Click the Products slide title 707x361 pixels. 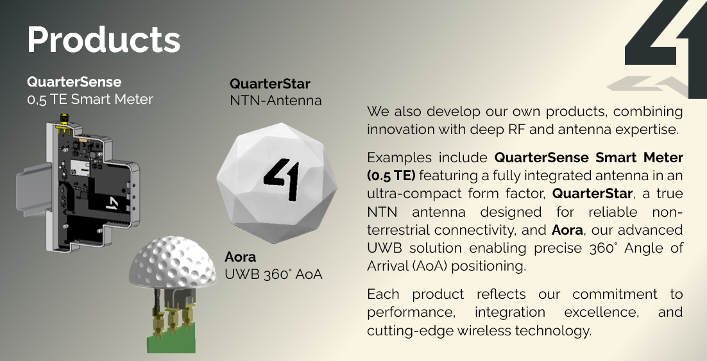click(x=104, y=40)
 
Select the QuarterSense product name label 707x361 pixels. click(x=74, y=82)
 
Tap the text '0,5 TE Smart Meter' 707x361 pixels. click(x=90, y=99)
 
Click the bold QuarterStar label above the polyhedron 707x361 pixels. click(x=270, y=84)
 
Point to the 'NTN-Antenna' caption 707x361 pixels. click(x=276, y=101)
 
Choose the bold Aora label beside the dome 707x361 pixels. click(x=241, y=257)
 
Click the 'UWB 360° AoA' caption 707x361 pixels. click(x=273, y=274)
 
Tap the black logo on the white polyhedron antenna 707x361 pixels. click(x=282, y=178)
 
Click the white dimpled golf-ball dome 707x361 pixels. click(x=173, y=262)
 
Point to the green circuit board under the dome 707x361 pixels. click(x=172, y=337)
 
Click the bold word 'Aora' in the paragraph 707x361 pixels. click(x=567, y=230)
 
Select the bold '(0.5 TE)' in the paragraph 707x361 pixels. click(x=391, y=175)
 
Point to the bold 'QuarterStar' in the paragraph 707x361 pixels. click(x=592, y=194)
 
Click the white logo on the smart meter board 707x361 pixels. click(x=112, y=203)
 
